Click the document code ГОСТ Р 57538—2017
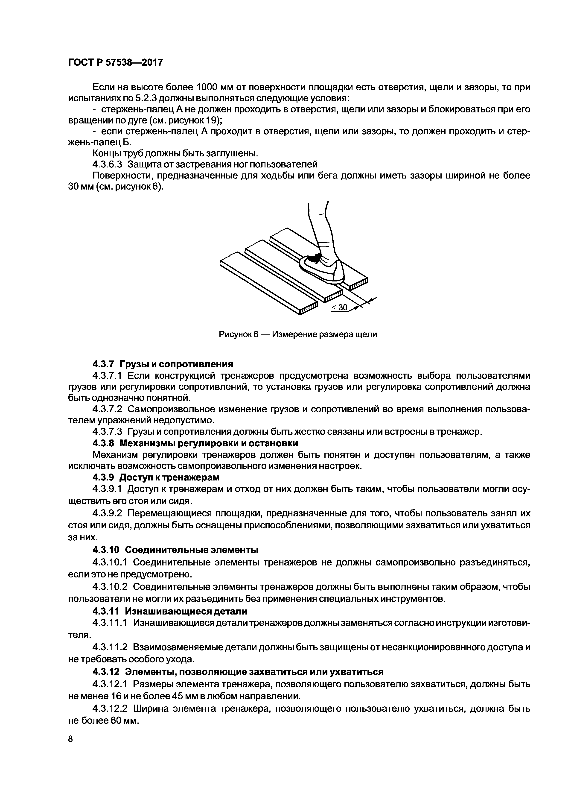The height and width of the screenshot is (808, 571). coord(115,63)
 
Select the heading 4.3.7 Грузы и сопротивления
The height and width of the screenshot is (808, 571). coord(163,364)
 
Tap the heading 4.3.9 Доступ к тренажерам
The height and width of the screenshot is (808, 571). coord(156,477)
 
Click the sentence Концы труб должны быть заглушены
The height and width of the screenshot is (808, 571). coord(175,153)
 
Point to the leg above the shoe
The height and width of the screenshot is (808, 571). coord(320,229)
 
